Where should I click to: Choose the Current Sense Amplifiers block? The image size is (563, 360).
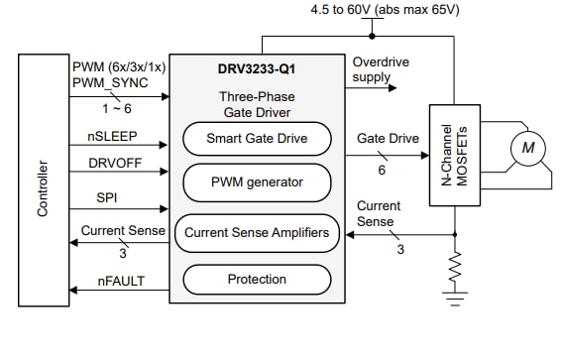[x=257, y=233]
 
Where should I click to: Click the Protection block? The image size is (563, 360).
[x=257, y=280]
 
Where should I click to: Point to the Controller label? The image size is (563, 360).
[x=43, y=183]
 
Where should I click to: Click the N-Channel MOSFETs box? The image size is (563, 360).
[x=456, y=157]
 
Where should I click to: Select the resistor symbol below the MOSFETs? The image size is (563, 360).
[x=455, y=266]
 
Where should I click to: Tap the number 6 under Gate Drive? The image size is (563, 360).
[x=382, y=171]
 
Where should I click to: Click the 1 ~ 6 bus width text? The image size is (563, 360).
[x=117, y=104]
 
